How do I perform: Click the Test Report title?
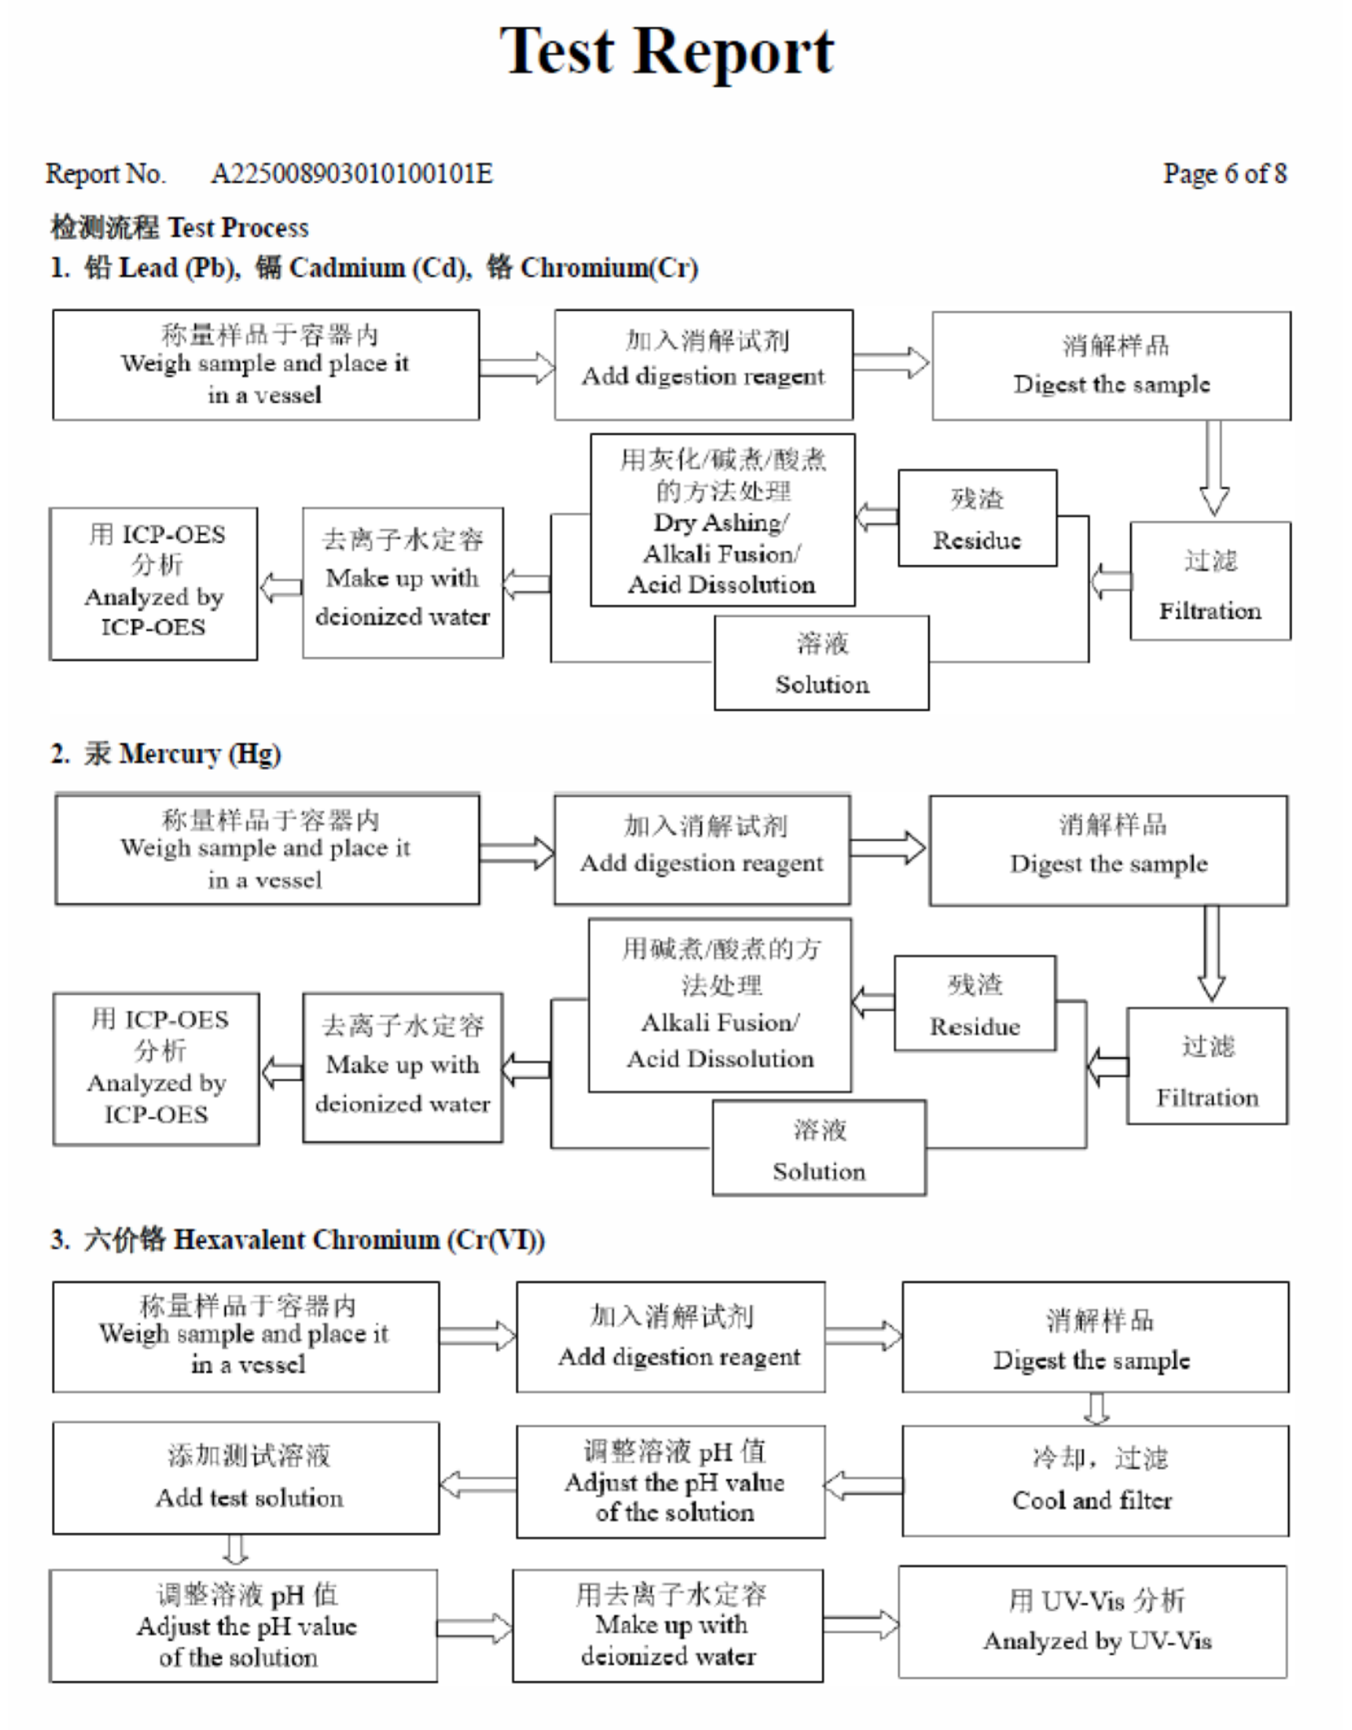[x=666, y=51]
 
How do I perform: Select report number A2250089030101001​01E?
[x=351, y=174]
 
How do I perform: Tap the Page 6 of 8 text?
[x=1224, y=174]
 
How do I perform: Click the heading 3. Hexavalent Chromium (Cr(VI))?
[x=298, y=1239]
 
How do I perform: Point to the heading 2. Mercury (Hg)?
[x=167, y=753]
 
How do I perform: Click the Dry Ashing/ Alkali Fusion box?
[x=722, y=521]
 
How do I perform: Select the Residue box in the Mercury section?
[x=974, y=1003]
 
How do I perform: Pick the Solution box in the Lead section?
[x=821, y=663]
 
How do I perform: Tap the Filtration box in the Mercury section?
[x=1207, y=1066]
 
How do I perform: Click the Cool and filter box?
[x=1095, y=1481]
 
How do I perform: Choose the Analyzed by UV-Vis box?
[x=1093, y=1621]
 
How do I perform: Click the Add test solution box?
[x=246, y=1478]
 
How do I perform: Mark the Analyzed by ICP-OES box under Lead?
[x=153, y=583]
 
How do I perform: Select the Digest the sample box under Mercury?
[x=1108, y=851]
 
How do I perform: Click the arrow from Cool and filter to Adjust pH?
[x=863, y=1485]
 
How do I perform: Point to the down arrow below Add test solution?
[x=235, y=1549]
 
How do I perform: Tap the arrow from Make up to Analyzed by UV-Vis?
[x=861, y=1625]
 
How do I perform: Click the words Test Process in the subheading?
[x=238, y=228]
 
